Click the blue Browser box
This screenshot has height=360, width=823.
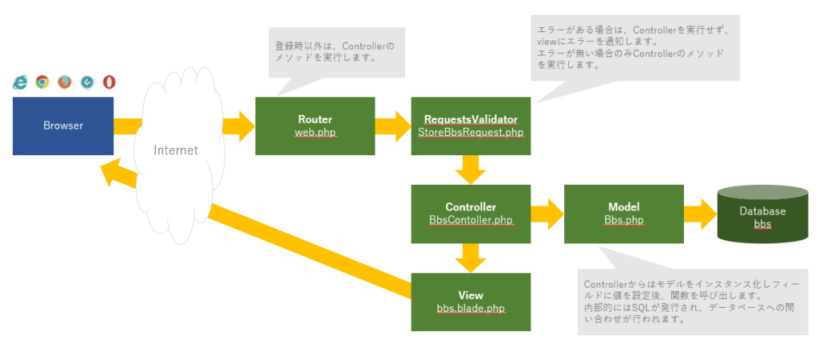click(63, 125)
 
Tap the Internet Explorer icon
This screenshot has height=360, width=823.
click(20, 82)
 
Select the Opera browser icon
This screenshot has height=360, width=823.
click(109, 82)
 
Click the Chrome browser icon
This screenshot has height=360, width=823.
click(42, 82)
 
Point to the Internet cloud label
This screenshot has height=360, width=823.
click(175, 149)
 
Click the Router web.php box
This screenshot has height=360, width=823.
click(314, 125)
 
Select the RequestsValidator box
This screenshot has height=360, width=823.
click(470, 125)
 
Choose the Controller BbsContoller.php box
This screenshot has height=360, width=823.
click(470, 213)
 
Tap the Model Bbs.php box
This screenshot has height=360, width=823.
click(624, 213)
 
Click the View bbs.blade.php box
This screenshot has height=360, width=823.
click(470, 301)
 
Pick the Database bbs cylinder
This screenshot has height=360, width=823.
click(763, 213)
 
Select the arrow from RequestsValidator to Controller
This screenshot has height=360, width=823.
click(470, 169)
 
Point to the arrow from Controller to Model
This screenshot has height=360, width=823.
click(547, 213)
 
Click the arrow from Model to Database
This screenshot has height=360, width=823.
click(699, 213)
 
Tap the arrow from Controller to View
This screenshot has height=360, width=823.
click(470, 257)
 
